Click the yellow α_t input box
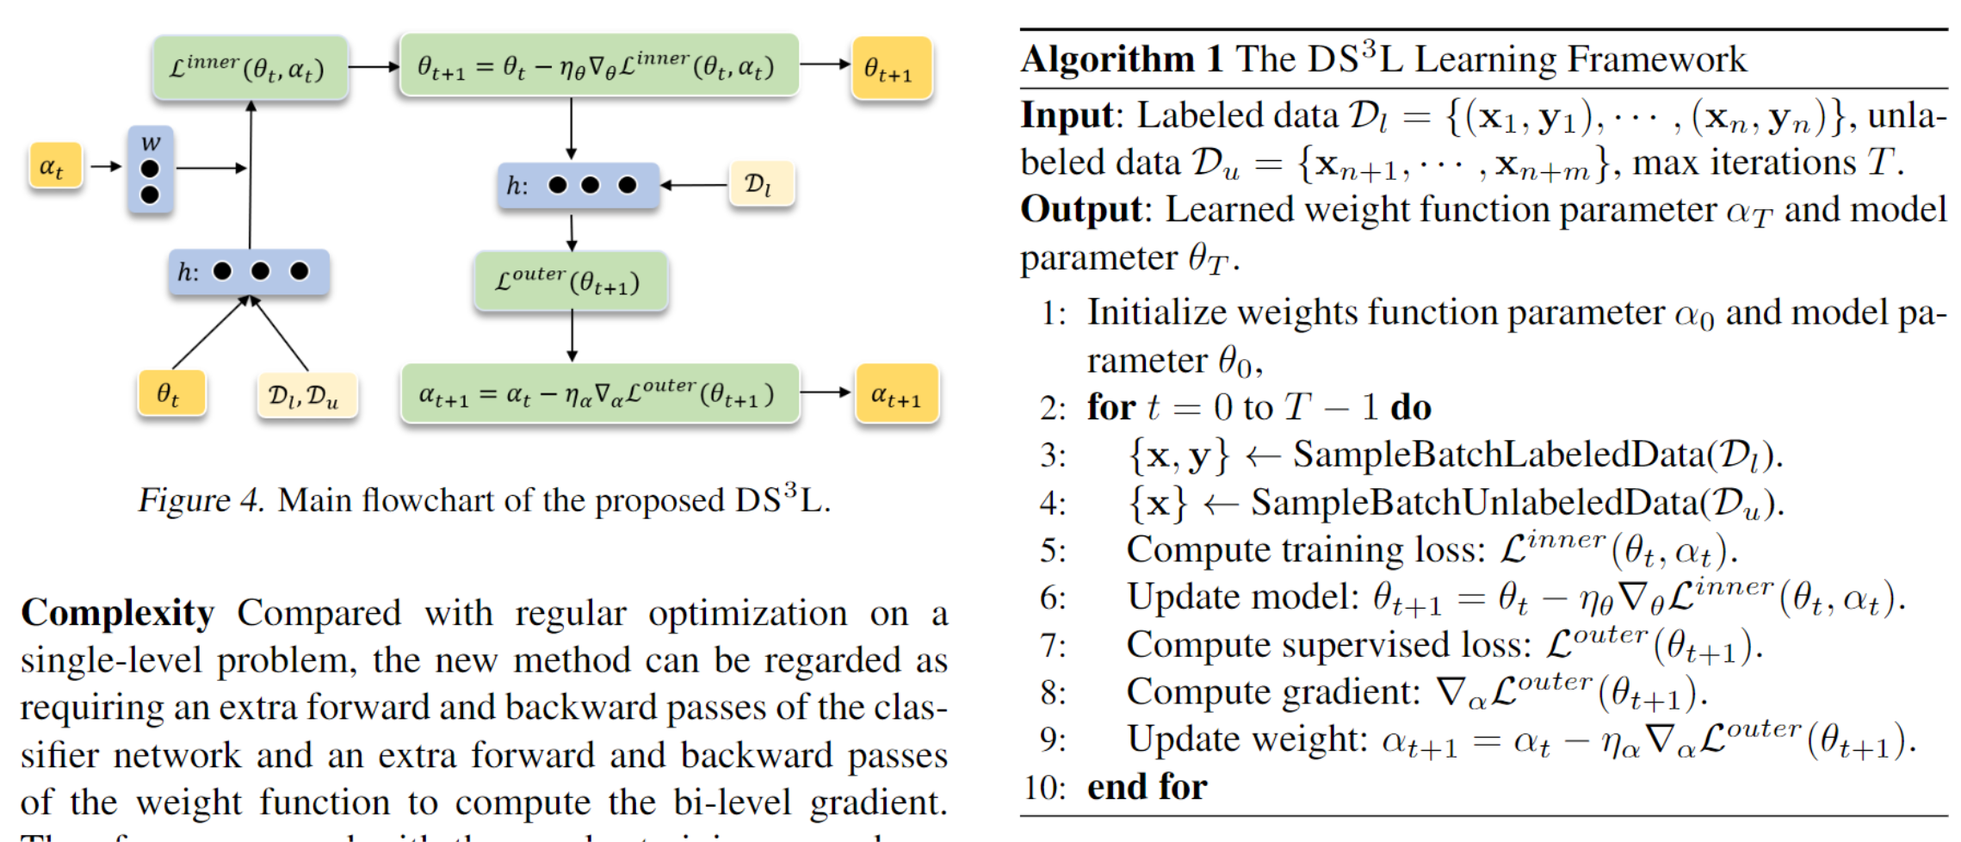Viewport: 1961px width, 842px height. click(x=54, y=166)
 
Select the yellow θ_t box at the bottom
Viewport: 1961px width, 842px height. click(x=171, y=394)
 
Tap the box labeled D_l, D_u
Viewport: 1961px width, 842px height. click(x=306, y=396)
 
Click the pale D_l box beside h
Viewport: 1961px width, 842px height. click(x=760, y=184)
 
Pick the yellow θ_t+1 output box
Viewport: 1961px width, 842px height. click(x=891, y=68)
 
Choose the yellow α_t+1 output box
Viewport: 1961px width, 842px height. click(x=895, y=394)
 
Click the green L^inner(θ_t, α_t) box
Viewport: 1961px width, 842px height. click(x=250, y=68)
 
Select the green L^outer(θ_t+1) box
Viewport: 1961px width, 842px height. click(x=570, y=282)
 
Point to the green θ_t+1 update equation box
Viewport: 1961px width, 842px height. click(x=597, y=65)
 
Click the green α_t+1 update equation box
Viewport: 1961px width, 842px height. click(x=599, y=393)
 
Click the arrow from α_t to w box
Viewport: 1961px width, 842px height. click(x=106, y=166)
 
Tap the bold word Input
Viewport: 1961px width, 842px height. click(x=1067, y=115)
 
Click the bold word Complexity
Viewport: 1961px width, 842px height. click(x=118, y=613)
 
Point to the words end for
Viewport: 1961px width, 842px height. click(x=1146, y=787)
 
